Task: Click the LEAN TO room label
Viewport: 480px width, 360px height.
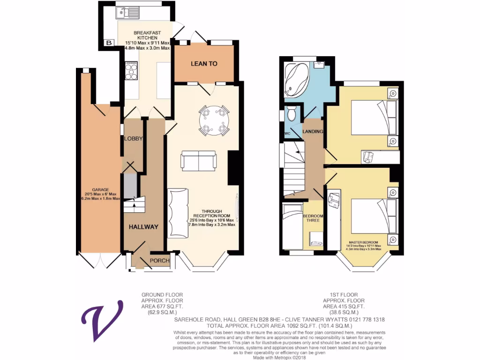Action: pyautogui.click(x=203, y=63)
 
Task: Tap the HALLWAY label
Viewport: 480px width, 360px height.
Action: pyautogui.click(x=144, y=227)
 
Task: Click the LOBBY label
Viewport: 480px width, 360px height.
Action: pyautogui.click(x=133, y=139)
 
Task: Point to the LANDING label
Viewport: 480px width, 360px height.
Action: pyautogui.click(x=313, y=132)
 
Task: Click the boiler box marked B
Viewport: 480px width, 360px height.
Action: pyautogui.click(x=109, y=43)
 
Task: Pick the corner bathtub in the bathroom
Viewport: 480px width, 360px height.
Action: pyautogui.click(x=296, y=80)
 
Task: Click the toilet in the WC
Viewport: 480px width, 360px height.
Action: pyautogui.click(x=292, y=113)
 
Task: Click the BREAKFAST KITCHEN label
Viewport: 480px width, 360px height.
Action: pyautogui.click(x=147, y=36)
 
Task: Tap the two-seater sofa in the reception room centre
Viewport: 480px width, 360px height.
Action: pyautogui.click(x=199, y=161)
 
